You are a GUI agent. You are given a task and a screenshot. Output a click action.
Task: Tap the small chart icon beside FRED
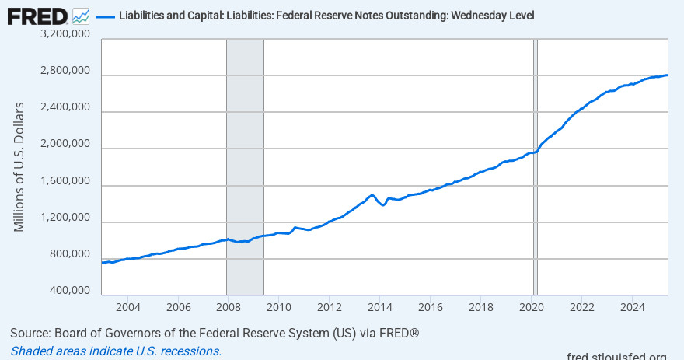(x=81, y=16)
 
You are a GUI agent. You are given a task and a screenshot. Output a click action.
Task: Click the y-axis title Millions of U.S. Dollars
(x=19, y=166)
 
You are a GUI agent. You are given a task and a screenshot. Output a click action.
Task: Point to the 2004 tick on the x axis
(x=127, y=306)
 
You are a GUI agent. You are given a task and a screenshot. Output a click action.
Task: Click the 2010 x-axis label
(x=279, y=306)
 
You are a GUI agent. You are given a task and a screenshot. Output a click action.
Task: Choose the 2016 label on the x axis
(x=431, y=306)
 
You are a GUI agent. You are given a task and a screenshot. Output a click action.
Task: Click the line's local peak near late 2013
(x=372, y=195)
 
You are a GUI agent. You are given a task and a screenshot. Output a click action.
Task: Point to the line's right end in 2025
(x=668, y=75)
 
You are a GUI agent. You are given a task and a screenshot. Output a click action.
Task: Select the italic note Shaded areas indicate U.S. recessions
(x=116, y=351)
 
